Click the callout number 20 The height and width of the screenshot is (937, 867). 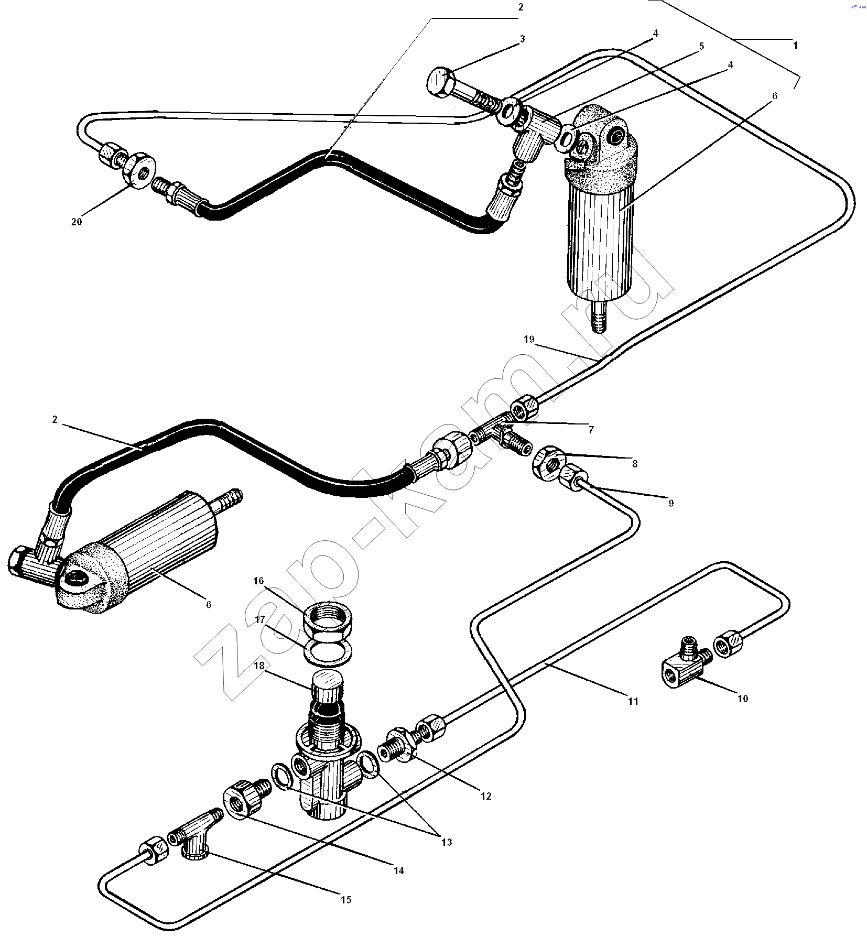click(x=77, y=222)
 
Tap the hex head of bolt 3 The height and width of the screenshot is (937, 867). click(x=441, y=82)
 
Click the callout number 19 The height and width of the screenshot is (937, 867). click(x=529, y=339)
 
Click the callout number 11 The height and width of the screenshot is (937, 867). click(x=633, y=701)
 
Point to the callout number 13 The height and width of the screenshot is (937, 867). click(x=447, y=842)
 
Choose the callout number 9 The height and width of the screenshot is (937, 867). click(x=671, y=503)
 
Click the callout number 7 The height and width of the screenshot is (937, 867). click(x=591, y=430)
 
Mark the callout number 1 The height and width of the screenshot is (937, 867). click(x=795, y=46)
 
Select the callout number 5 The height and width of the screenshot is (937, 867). click(x=701, y=46)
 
